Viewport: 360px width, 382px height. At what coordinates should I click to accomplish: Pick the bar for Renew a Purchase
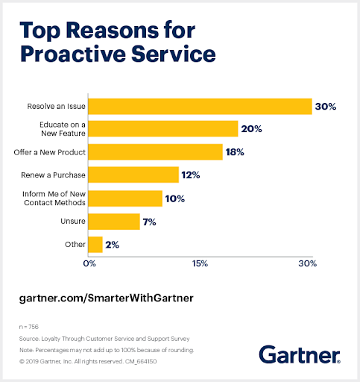[133, 175]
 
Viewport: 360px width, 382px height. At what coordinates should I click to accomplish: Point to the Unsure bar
[114, 222]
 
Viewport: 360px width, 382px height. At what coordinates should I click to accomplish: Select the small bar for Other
[95, 244]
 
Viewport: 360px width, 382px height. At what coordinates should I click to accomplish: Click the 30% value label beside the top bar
[325, 107]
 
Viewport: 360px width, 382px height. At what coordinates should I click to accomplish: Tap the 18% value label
[236, 152]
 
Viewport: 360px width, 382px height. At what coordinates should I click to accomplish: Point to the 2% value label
[113, 244]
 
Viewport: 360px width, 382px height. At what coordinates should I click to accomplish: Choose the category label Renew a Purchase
[51, 175]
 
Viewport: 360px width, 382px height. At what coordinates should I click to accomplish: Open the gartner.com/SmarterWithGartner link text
[106, 297]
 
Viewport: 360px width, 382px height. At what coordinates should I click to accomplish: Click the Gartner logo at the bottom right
[300, 354]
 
